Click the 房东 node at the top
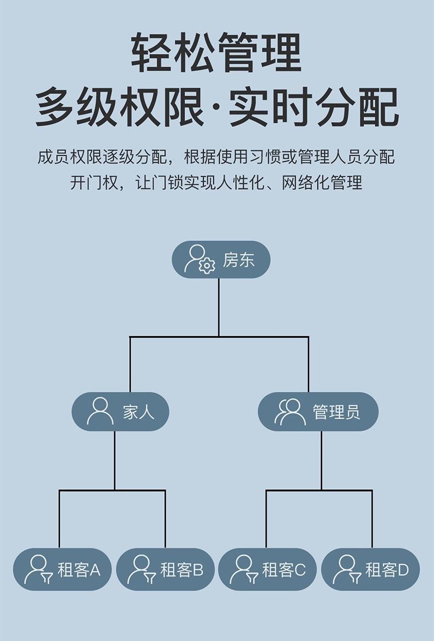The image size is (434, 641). click(x=221, y=259)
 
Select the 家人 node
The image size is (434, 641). click(x=120, y=412)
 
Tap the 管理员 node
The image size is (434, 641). click(x=318, y=412)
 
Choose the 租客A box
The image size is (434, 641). click(x=62, y=569)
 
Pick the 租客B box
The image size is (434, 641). click(x=165, y=569)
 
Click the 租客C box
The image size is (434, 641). click(x=268, y=569)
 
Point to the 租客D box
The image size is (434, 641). click(x=370, y=569)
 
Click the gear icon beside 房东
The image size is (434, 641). click(x=207, y=266)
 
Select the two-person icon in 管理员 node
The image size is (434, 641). click(x=290, y=411)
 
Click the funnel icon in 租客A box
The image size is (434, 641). click(x=47, y=577)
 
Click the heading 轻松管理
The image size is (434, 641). click(x=216, y=53)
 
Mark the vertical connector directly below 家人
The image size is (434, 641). click(x=114, y=460)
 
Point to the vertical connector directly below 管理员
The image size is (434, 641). click(x=321, y=460)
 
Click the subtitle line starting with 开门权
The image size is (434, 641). click(x=216, y=183)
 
